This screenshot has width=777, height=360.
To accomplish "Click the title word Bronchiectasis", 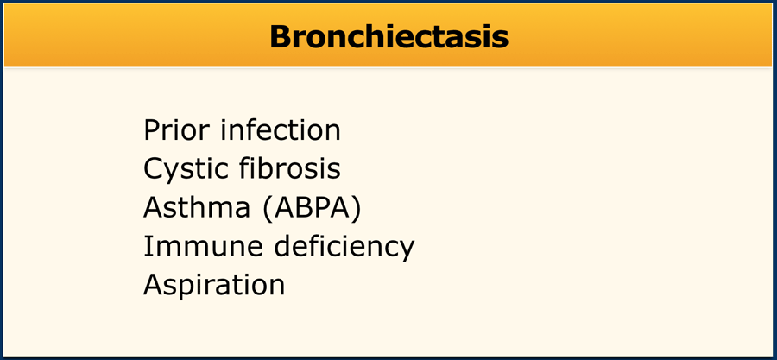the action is pos(389,36).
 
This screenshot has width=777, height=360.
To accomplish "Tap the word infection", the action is pos(281,130).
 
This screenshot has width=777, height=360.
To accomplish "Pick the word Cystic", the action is pos(186,170).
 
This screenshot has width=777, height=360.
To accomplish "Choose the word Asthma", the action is pos(197,208).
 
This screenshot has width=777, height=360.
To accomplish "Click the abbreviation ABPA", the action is pos(312,208).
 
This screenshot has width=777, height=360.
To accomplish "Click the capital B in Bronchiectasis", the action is pos(281,36).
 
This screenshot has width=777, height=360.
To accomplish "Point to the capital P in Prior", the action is pos(152,130).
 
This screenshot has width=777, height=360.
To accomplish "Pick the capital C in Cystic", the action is pos(154,169).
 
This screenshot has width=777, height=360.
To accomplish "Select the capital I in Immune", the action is pos(146,247).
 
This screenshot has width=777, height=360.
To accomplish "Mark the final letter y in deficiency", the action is pos(407,251).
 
